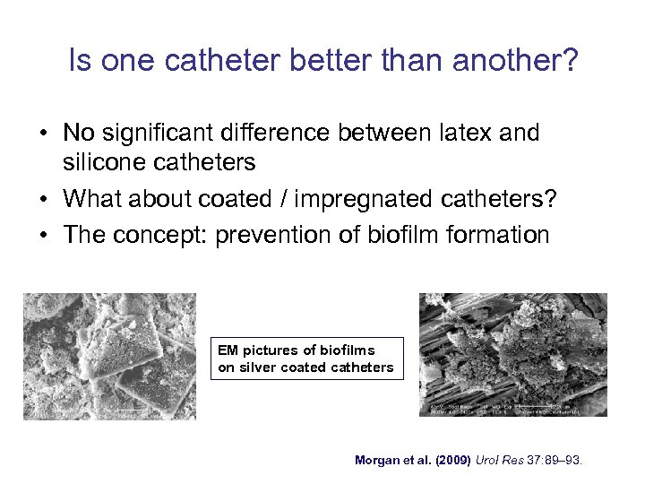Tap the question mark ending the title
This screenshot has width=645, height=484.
click(571, 62)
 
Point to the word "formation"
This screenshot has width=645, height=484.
click(504, 235)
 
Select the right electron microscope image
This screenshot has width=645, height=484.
click(513, 355)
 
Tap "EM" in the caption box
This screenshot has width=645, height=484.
click(228, 350)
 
